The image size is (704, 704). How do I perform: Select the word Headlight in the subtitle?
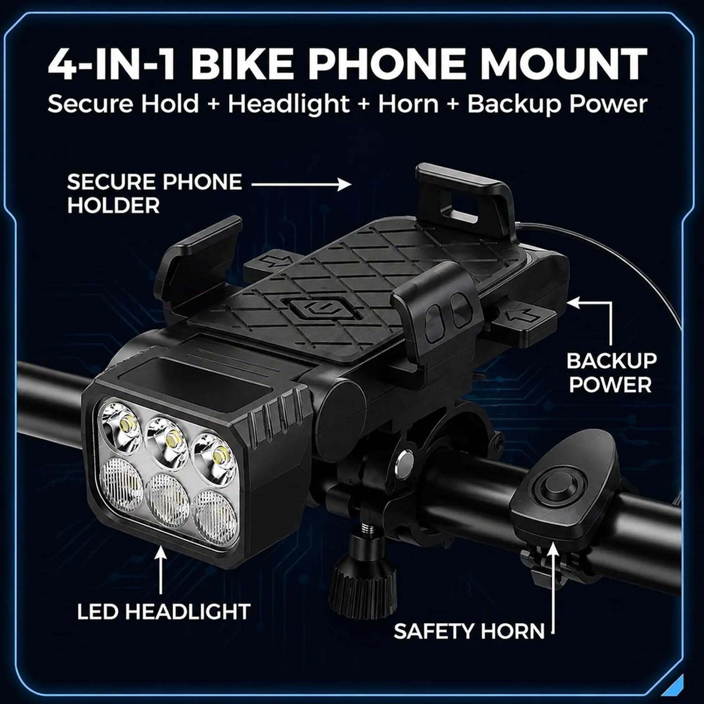point(289,104)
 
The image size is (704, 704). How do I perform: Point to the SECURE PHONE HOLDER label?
point(154,193)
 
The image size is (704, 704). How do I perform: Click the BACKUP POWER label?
point(611,373)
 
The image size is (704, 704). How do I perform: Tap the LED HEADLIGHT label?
point(164,612)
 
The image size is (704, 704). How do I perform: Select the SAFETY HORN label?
point(469,631)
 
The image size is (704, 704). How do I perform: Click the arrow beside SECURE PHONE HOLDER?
point(301,184)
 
